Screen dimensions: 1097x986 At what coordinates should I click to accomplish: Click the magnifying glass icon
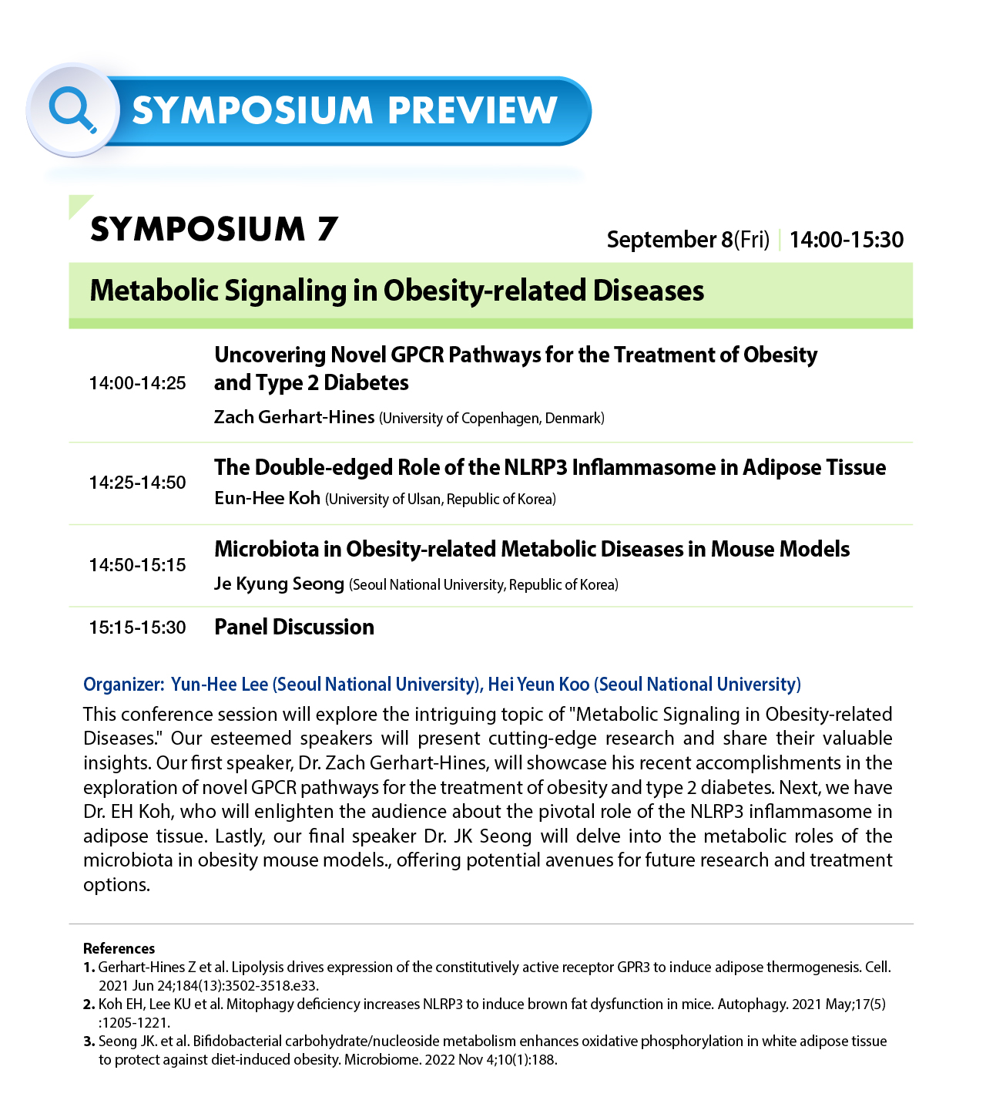[x=72, y=109]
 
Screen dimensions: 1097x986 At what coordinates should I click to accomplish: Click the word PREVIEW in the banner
[x=472, y=110]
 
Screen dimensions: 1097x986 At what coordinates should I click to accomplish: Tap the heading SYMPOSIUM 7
[x=214, y=229]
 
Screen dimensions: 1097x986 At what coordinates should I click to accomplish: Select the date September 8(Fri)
[x=687, y=240]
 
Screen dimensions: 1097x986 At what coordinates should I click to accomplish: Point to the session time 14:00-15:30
[x=846, y=240]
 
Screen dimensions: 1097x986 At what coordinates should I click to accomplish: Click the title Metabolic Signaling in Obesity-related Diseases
[x=397, y=291]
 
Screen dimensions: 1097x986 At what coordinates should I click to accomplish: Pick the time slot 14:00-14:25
[x=137, y=383]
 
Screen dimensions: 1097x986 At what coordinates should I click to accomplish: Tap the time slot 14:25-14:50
[x=137, y=483]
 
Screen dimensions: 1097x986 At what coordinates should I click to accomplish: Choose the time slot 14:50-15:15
[x=137, y=565]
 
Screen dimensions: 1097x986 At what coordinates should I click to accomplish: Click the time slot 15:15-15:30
[x=137, y=628]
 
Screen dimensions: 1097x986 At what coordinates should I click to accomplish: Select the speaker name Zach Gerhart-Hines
[x=294, y=417]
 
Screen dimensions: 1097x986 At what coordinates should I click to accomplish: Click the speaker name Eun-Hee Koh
[x=267, y=498]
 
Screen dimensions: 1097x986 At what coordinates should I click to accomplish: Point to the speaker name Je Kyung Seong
[x=279, y=584]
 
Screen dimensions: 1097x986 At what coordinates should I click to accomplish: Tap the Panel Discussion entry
[x=294, y=627]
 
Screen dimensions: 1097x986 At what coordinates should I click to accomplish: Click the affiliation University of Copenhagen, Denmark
[x=491, y=419]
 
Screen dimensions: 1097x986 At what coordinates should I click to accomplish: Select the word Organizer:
[x=123, y=685]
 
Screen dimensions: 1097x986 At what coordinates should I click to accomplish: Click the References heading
[x=119, y=948]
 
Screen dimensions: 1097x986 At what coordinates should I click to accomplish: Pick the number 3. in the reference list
[x=89, y=1041]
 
